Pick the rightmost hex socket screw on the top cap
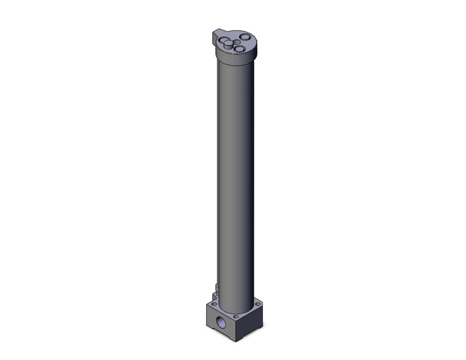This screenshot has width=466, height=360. click(x=245, y=37)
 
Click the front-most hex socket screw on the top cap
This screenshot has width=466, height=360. click(x=240, y=48)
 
